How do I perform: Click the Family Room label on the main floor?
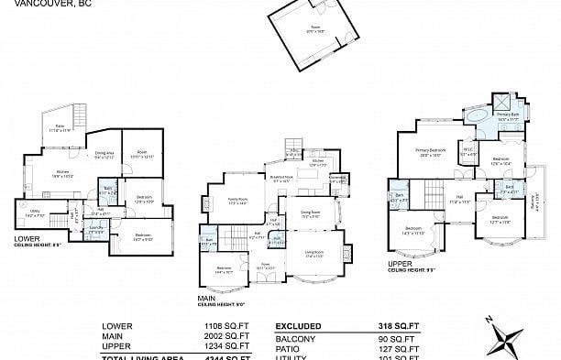pos(238,201)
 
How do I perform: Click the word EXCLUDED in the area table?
pos(300,325)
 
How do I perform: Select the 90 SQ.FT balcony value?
pos(398,336)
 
